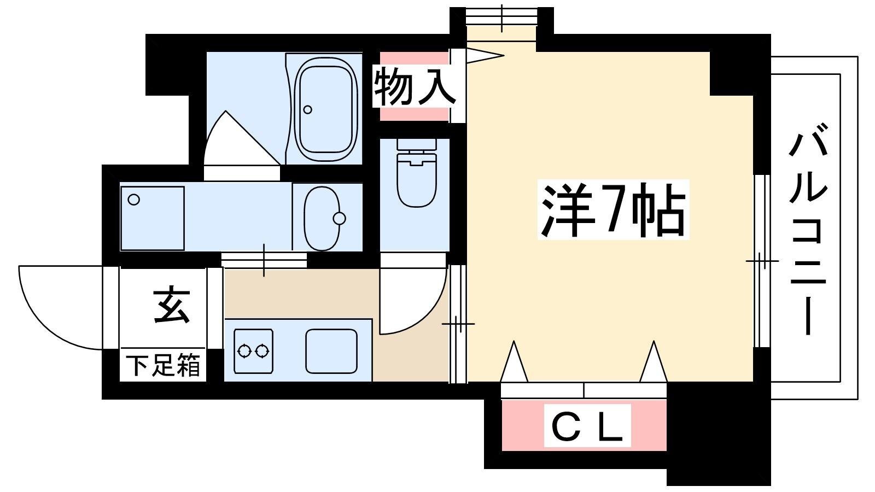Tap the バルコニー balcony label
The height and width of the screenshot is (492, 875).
click(x=808, y=235)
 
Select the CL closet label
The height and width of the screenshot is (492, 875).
click(x=587, y=425)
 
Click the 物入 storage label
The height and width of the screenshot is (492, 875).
click(x=414, y=86)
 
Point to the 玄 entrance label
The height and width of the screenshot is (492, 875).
click(x=172, y=307)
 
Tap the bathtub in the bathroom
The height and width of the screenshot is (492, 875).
click(x=326, y=108)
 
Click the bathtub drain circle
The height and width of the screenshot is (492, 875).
click(x=308, y=110)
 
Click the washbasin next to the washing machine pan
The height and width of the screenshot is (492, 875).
click(x=322, y=218)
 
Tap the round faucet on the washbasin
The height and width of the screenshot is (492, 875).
click(x=340, y=218)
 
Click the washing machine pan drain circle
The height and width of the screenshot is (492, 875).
click(x=134, y=200)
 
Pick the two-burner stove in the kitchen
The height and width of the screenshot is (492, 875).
click(x=253, y=351)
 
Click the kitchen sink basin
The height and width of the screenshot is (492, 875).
click(x=331, y=351)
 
